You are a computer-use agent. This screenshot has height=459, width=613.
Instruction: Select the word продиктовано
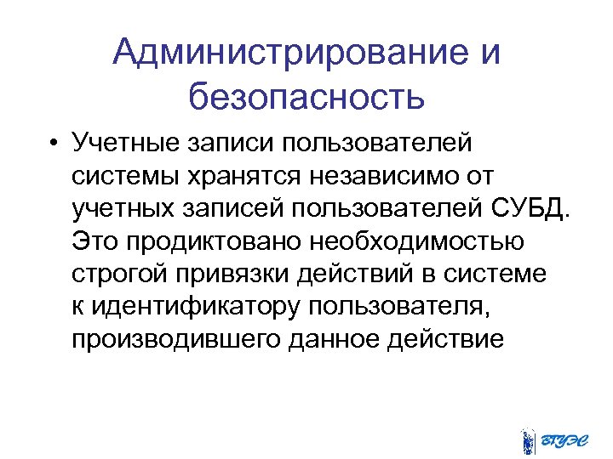pos(213,241)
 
